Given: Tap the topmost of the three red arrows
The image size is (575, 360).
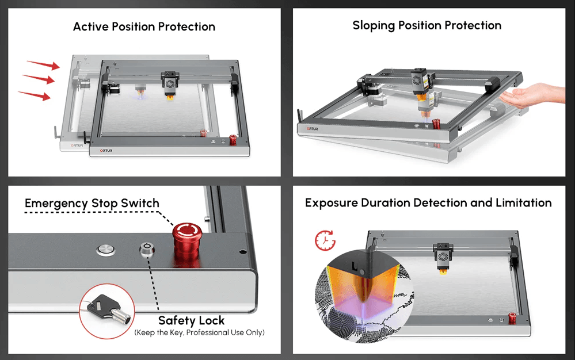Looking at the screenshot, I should click(44, 64).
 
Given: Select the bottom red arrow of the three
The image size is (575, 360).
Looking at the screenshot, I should click(35, 95).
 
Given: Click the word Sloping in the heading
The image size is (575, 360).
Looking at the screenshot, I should click(375, 26).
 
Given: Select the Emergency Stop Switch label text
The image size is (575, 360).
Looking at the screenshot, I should click(92, 204).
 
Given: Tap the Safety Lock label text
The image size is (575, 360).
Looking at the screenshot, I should click(191, 320).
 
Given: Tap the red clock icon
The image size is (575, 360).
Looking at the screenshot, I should click(325, 240).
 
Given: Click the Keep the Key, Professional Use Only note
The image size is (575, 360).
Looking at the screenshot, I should click(199, 332).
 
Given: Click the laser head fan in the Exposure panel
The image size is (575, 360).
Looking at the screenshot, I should click(444, 255).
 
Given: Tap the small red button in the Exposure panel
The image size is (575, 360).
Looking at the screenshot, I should click(511, 317).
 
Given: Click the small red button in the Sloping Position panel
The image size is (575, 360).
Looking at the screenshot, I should click(436, 122).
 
